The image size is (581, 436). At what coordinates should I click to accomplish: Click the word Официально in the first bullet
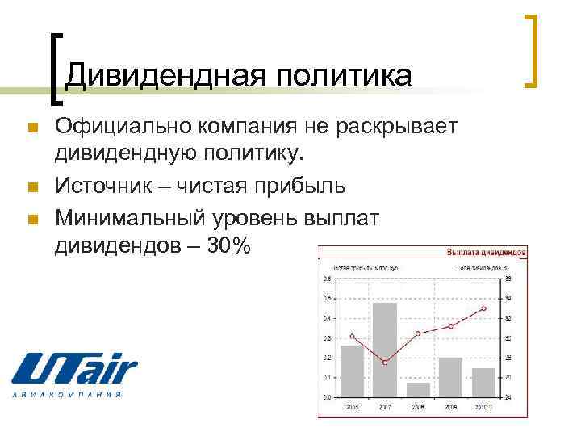123,127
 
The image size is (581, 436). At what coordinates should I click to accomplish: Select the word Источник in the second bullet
102,187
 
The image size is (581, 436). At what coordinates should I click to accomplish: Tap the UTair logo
73,375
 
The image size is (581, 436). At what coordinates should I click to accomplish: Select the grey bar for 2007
385,350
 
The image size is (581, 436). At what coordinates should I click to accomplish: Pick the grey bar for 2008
418,390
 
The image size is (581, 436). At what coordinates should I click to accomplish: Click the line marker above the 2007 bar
385,363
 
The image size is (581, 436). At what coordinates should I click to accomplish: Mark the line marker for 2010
483,308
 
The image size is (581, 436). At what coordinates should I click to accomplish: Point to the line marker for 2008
418,333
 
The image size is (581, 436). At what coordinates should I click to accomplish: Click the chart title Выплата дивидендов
486,253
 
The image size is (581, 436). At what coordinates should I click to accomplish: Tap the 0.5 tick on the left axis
327,298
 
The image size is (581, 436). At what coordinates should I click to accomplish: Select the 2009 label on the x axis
451,407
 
